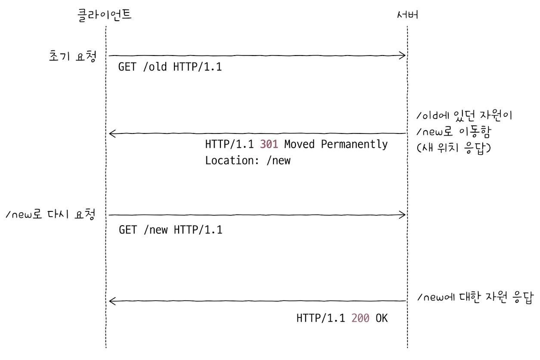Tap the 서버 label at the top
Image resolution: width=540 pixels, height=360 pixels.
coord(407,16)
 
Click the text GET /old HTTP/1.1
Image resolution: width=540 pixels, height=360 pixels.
coord(170,67)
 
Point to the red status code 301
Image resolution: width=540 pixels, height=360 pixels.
coord(269,144)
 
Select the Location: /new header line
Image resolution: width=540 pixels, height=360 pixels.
coord(248,161)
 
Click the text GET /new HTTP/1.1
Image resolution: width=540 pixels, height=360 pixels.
coord(171,230)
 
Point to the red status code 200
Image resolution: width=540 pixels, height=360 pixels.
coord(360,319)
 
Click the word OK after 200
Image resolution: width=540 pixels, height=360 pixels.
coord(382,319)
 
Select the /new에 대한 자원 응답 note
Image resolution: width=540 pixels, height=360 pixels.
coord(475,298)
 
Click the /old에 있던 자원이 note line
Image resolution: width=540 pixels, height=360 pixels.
coord(464,117)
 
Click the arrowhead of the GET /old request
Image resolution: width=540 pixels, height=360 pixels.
coord(403,55)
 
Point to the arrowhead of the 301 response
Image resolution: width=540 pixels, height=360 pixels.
coord(112,134)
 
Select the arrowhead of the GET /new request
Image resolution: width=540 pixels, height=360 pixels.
coord(403,214)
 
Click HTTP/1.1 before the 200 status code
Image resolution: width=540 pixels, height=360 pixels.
coord(320,319)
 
